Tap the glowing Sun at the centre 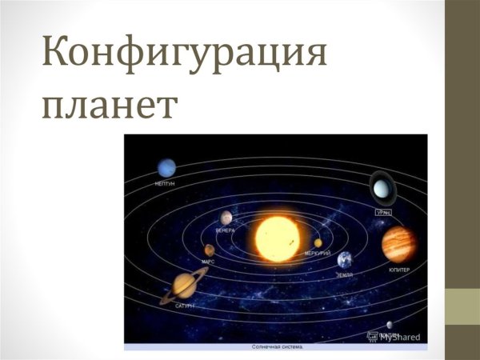click(x=275, y=237)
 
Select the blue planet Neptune click(x=166, y=167)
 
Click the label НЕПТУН click(x=165, y=184)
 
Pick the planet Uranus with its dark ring click(x=381, y=190)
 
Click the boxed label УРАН click(x=383, y=213)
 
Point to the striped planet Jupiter click(x=398, y=244)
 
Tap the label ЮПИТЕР click(x=399, y=270)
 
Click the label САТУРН click(x=184, y=306)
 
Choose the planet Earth click(x=346, y=260)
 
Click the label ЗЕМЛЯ click(x=345, y=274)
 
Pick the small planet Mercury click(x=318, y=242)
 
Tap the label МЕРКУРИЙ click(x=317, y=253)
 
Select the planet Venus click(x=227, y=218)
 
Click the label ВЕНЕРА click(x=225, y=230)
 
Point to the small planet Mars click(x=209, y=250)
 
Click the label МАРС click(x=208, y=262)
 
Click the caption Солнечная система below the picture click(x=275, y=347)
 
